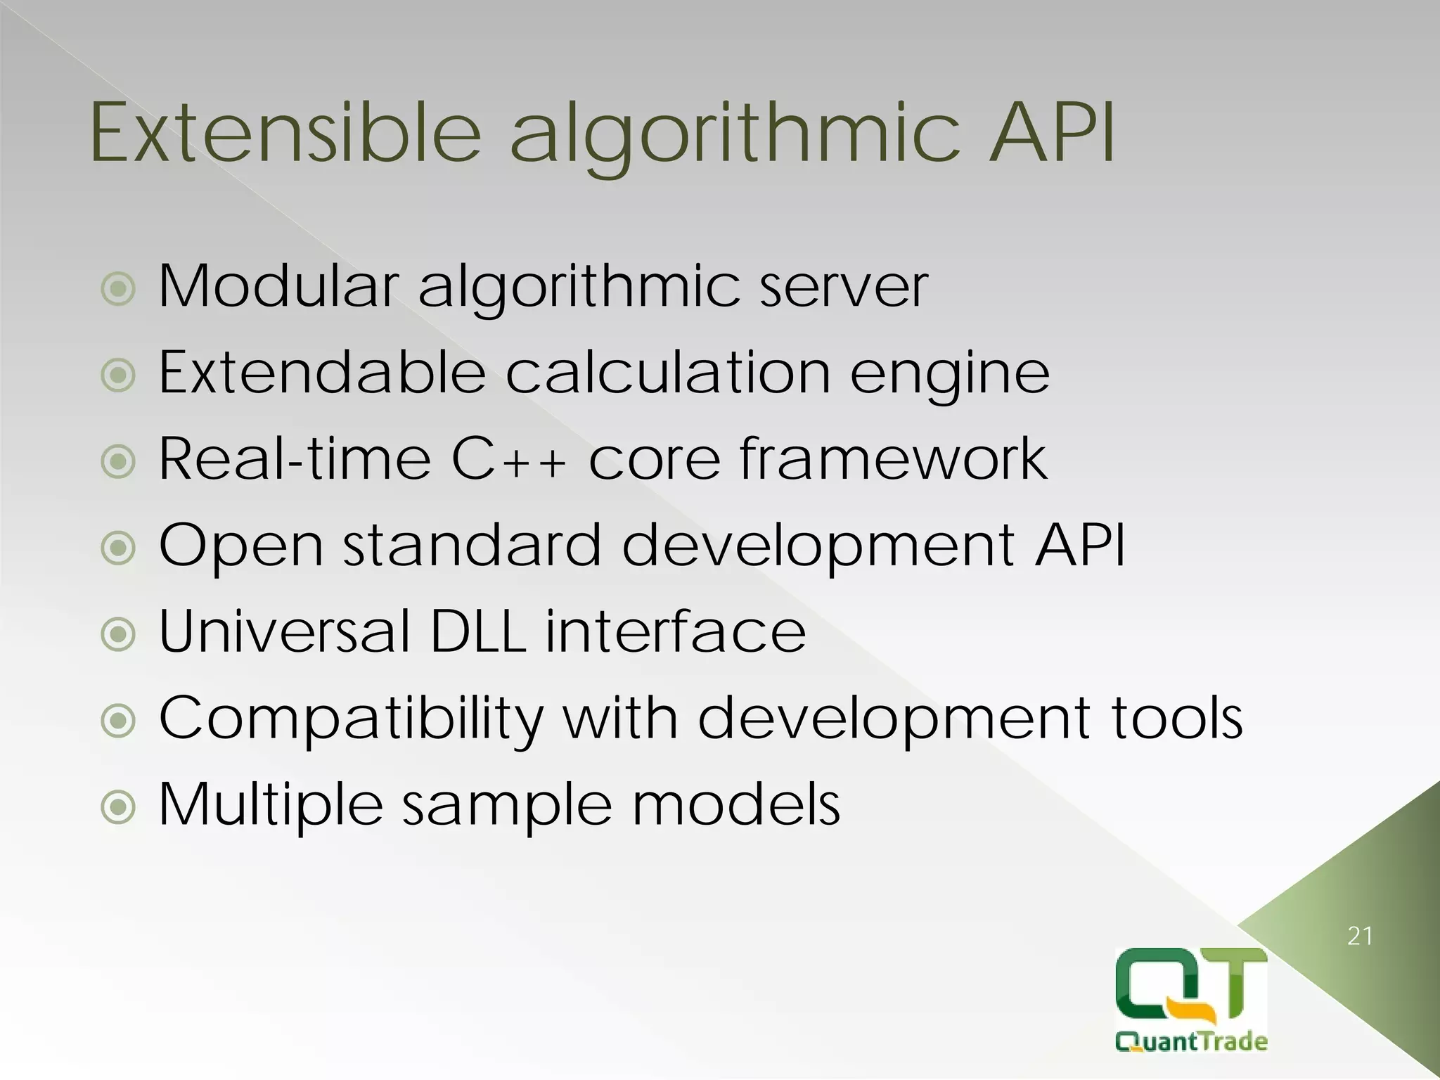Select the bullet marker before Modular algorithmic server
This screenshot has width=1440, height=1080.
[x=117, y=289]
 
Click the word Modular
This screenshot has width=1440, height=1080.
[x=278, y=286]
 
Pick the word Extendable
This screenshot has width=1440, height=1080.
[x=322, y=372]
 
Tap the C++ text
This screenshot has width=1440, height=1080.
[x=508, y=459]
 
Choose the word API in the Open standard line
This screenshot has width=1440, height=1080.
[x=1080, y=545]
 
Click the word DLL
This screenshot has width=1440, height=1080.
[x=477, y=631]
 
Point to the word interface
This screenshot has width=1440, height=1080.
[x=675, y=631]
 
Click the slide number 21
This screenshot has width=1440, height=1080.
[x=1360, y=936]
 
